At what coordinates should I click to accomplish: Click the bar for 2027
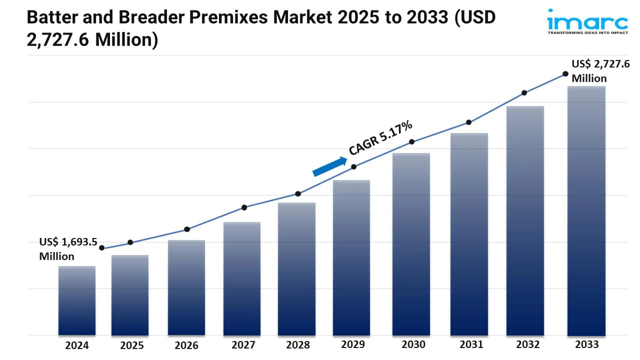click(242, 278)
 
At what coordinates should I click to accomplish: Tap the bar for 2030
click(411, 244)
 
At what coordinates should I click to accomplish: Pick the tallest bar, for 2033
click(586, 211)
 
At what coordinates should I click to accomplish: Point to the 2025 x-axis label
click(132, 345)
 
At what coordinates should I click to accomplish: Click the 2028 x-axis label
click(298, 345)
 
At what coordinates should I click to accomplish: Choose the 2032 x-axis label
click(528, 344)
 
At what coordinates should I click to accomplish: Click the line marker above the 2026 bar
click(187, 229)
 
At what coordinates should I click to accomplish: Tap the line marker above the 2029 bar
click(354, 167)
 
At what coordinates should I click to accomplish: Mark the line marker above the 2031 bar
click(469, 122)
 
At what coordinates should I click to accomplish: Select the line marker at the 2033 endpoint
click(565, 74)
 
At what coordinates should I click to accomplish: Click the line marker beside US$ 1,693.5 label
click(102, 248)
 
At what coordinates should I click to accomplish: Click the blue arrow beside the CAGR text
click(329, 166)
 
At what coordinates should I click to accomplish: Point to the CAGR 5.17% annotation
click(380, 138)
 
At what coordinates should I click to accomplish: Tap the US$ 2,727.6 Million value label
click(600, 71)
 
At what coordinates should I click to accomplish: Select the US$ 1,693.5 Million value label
click(68, 249)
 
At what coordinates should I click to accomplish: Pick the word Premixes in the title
click(228, 17)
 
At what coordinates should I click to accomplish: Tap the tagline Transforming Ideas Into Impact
click(588, 33)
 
